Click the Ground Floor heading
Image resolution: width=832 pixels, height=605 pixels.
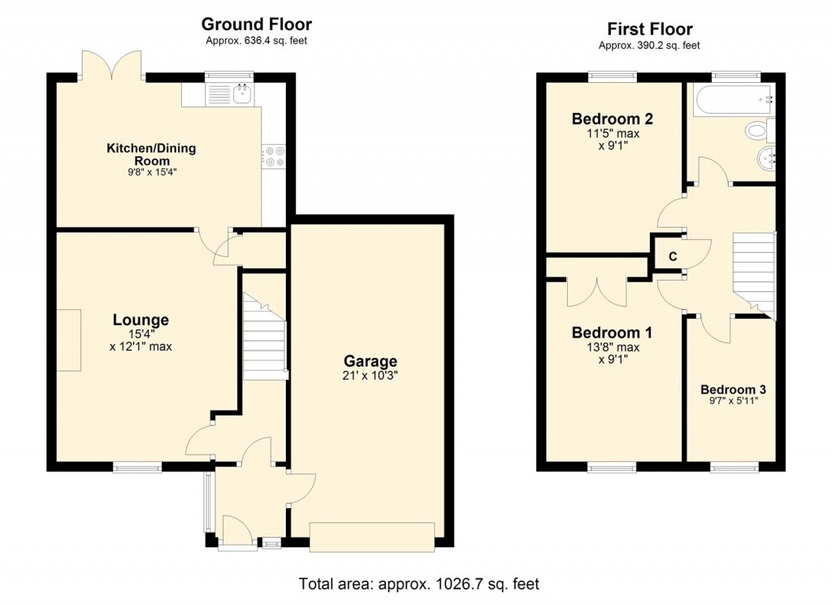click(256, 24)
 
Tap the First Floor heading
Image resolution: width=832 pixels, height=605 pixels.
click(649, 29)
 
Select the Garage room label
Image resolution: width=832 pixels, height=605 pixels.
click(370, 361)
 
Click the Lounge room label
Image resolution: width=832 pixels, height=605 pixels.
click(141, 320)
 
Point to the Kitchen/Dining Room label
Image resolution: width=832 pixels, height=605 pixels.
click(151, 155)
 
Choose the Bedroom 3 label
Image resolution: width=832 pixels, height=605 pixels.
click(733, 389)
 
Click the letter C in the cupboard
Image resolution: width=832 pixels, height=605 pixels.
click(672, 257)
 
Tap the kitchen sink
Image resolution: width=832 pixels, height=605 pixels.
click(241, 95)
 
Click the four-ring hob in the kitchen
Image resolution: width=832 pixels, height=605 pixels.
click(274, 155)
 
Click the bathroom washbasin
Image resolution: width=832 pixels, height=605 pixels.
click(766, 156)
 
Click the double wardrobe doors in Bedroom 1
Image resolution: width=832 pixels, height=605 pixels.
click(599, 289)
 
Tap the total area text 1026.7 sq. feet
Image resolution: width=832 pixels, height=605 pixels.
click(418, 584)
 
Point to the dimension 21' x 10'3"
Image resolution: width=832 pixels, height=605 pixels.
click(370, 376)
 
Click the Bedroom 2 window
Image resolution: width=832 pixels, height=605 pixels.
click(613, 77)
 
